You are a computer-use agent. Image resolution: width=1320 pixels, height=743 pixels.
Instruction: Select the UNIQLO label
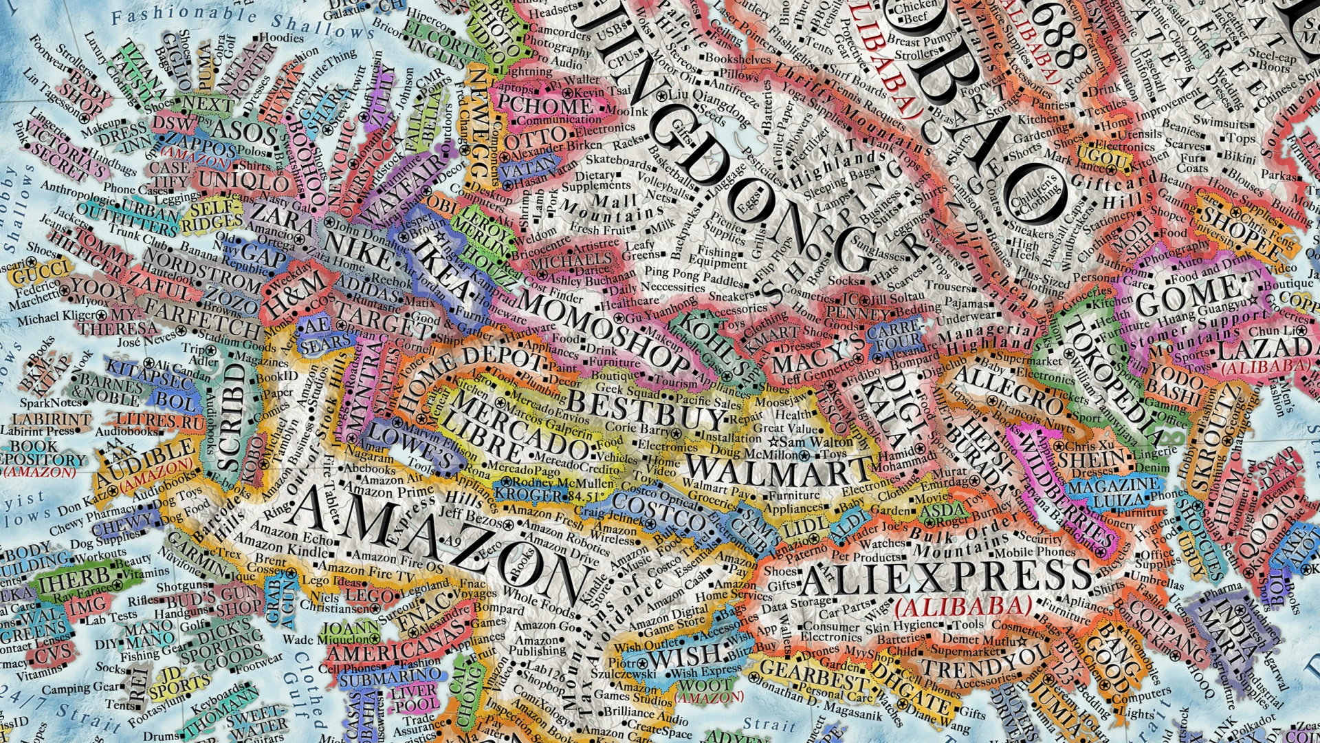tap(244, 182)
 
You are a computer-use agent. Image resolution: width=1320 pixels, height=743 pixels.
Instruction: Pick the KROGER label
tap(529, 495)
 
